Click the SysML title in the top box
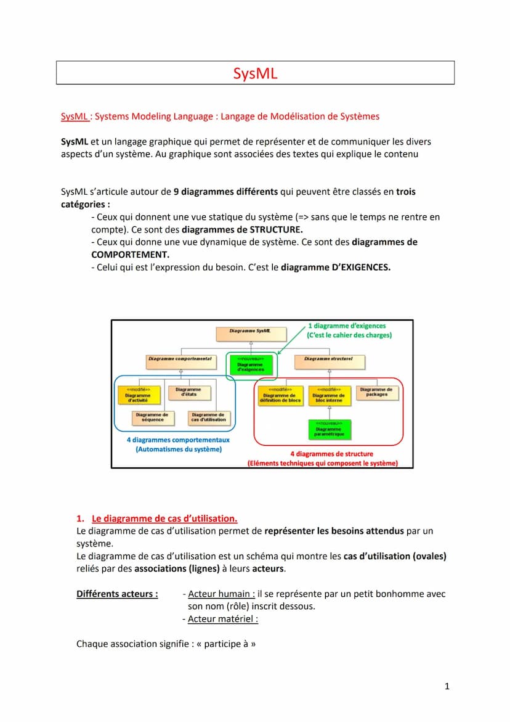[x=255, y=73]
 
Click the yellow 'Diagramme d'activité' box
[x=138, y=395]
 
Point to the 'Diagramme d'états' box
[x=188, y=393]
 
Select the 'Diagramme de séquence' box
[x=152, y=417]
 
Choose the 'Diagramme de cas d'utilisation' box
[x=208, y=417]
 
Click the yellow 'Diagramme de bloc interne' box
[x=328, y=395]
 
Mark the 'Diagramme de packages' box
[x=376, y=393]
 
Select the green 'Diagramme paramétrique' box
[x=329, y=429]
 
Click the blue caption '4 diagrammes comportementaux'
[x=178, y=440]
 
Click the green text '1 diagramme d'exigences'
[x=347, y=326]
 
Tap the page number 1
[x=447, y=686]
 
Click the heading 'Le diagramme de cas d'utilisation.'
[x=164, y=518]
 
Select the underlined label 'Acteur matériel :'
[x=223, y=619]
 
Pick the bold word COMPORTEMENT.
[x=130, y=254]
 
